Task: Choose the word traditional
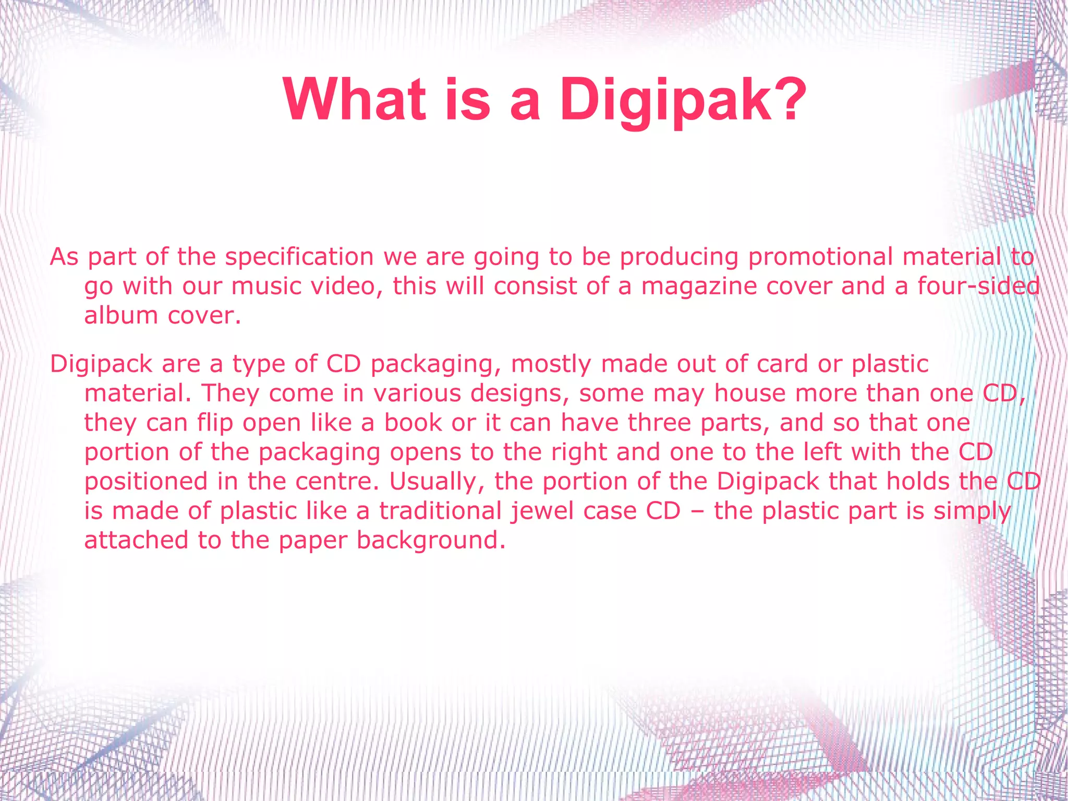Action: click(440, 510)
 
